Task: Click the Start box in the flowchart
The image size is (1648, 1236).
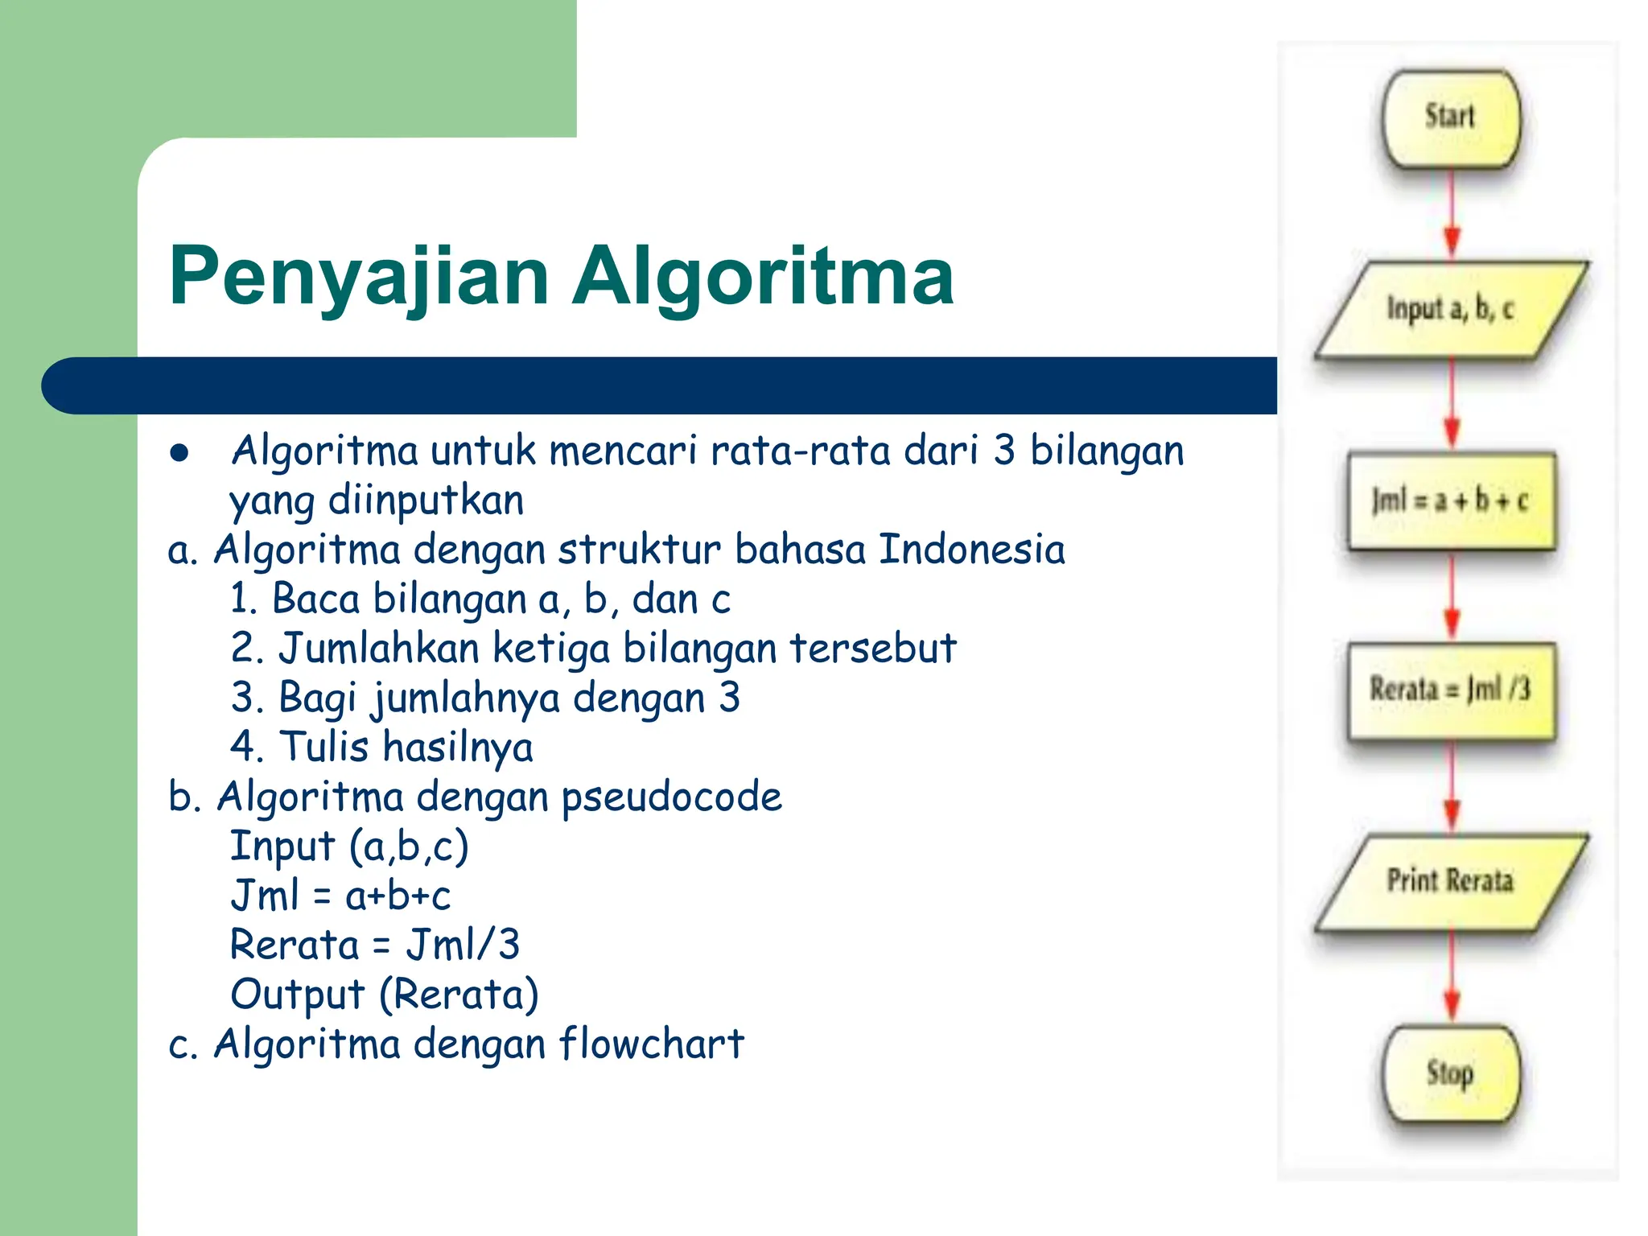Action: (1451, 118)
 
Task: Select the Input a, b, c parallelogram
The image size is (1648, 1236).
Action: (1451, 309)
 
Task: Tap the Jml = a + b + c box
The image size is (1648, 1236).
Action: (1451, 501)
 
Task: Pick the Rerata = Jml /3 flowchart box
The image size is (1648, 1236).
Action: (1451, 690)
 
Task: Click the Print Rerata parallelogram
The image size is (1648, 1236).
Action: (1451, 881)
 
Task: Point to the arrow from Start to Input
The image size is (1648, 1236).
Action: (1452, 213)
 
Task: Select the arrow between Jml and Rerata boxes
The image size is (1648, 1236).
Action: (1452, 595)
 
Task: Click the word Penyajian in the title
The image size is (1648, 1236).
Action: (359, 276)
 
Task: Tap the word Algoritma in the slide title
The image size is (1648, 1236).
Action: (763, 276)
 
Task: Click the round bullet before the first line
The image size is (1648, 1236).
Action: (179, 453)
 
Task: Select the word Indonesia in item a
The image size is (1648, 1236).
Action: (971, 550)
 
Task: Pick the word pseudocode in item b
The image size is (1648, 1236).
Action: (671, 797)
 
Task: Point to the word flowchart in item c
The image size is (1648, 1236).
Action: (651, 1044)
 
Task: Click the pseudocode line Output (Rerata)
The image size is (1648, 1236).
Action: (384, 995)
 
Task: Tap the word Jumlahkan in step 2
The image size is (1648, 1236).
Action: (379, 649)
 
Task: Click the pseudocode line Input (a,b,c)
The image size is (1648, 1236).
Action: (349, 847)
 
